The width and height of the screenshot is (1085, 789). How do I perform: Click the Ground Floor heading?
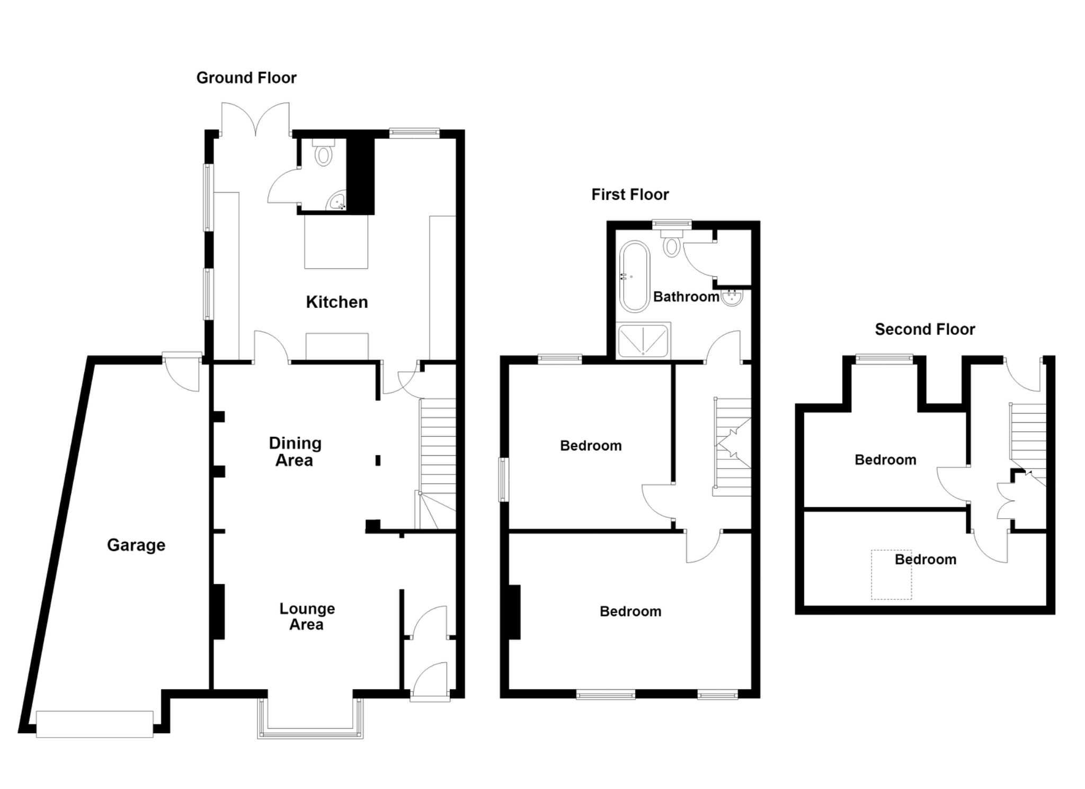click(246, 78)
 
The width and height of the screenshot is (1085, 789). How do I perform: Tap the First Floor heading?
click(630, 194)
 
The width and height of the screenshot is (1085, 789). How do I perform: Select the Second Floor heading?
click(924, 329)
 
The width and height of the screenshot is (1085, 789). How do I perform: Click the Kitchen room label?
click(337, 302)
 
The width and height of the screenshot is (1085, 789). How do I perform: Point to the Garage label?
click(136, 545)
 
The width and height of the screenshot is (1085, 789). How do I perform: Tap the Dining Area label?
click(295, 451)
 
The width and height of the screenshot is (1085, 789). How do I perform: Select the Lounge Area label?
click(307, 616)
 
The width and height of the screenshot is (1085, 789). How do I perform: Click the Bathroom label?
click(686, 297)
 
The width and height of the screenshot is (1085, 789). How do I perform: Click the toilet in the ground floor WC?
click(323, 152)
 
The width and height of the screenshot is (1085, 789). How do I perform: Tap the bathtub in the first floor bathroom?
click(634, 277)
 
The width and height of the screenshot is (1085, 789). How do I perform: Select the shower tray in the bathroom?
click(644, 340)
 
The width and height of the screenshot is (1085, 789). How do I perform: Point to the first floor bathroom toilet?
click(672, 242)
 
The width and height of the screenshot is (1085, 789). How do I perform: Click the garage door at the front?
click(95, 724)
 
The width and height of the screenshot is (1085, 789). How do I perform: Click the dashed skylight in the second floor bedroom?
click(892, 575)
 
